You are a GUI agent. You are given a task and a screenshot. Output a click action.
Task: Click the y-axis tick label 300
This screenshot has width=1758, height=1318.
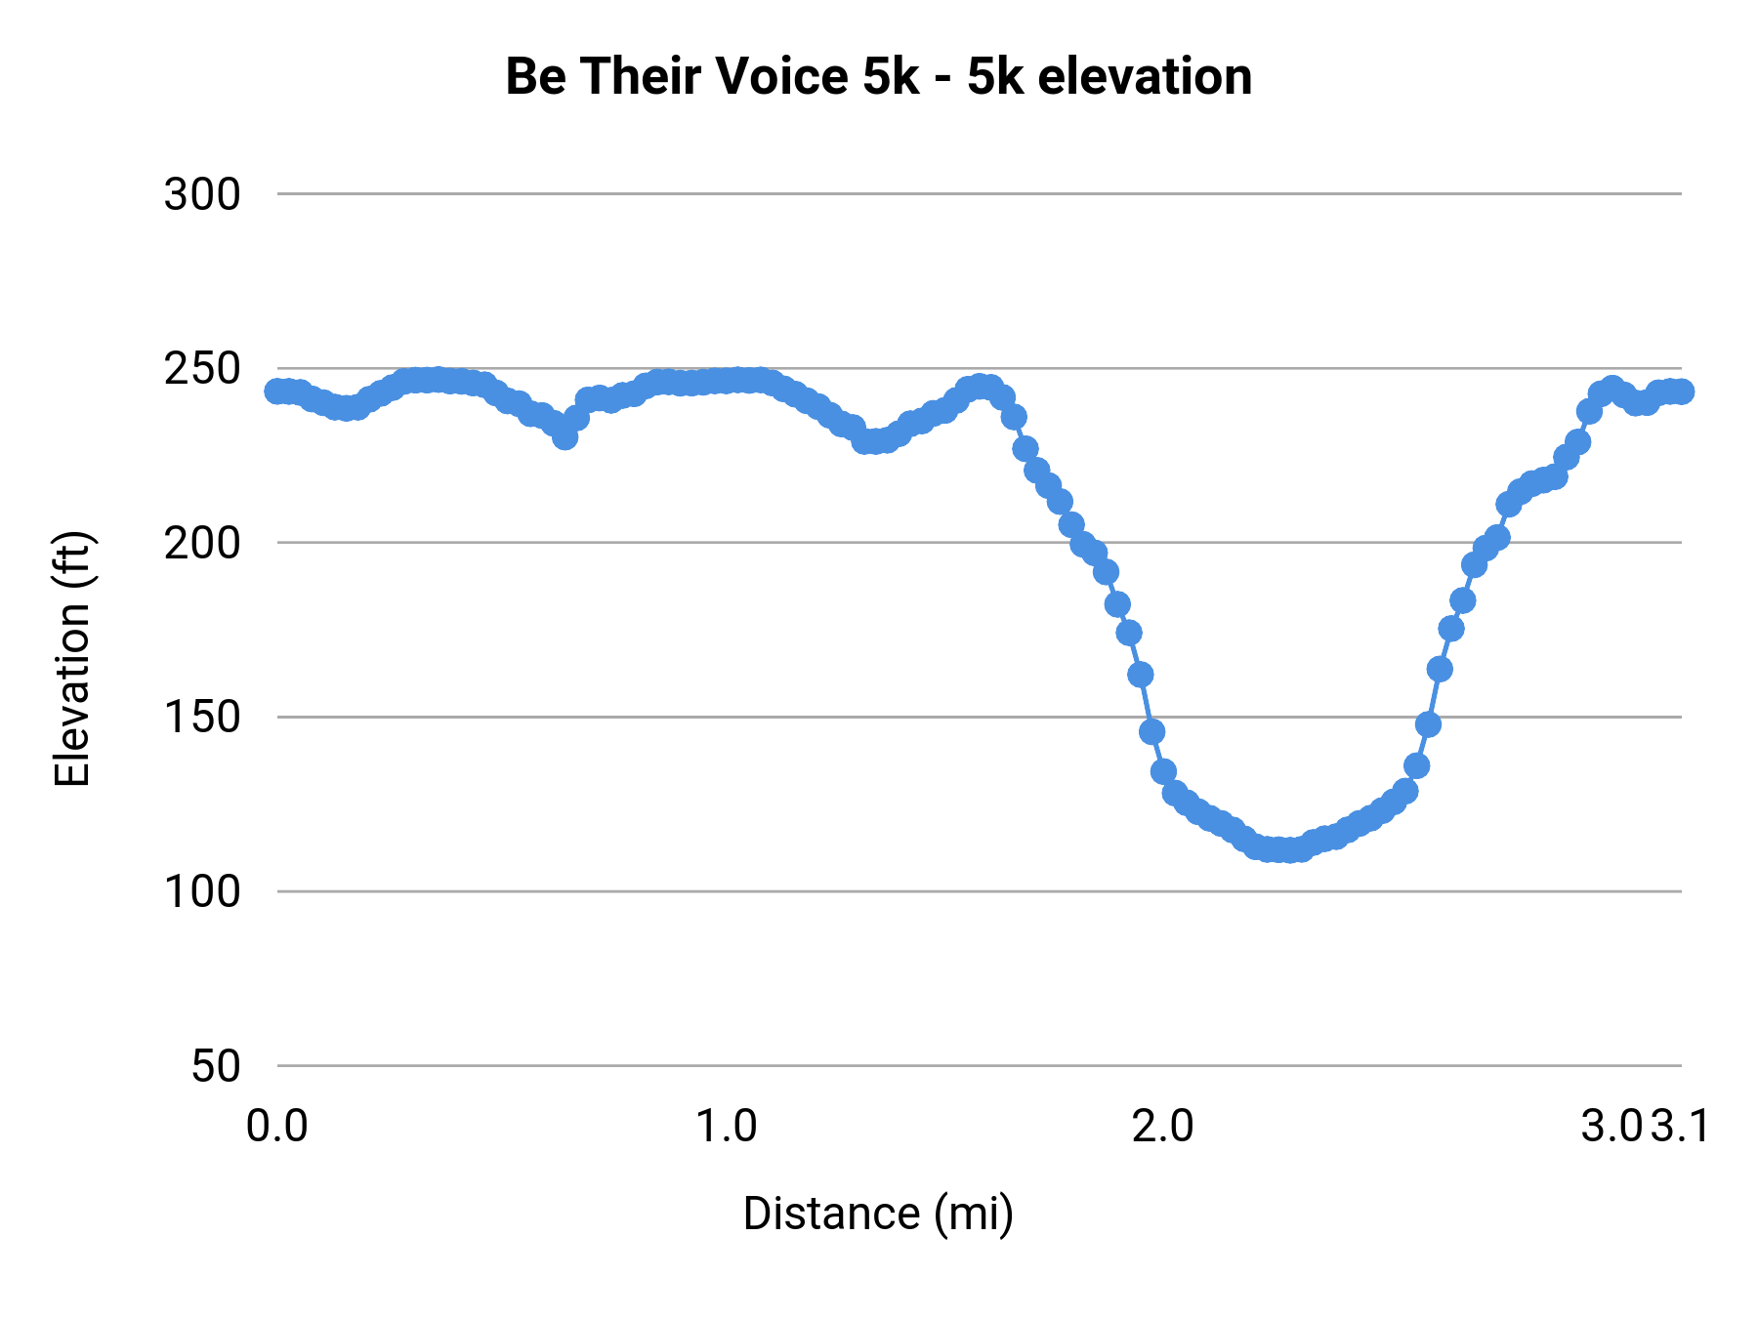[x=202, y=195]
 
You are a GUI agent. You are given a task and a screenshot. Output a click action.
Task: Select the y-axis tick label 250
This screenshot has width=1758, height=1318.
[x=202, y=369]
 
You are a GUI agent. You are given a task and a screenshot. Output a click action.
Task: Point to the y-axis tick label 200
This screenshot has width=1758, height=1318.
[x=202, y=543]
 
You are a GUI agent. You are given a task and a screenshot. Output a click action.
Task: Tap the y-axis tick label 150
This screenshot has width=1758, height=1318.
[x=202, y=718]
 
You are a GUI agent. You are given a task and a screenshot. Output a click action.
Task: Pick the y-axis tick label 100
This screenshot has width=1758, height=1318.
[x=202, y=891]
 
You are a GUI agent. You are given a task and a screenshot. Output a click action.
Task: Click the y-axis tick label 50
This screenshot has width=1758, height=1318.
[x=216, y=1066]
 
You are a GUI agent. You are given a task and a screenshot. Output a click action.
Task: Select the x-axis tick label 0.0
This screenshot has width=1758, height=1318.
[x=277, y=1127]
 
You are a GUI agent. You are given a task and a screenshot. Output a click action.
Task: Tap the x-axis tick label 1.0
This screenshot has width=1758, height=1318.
[x=726, y=1127]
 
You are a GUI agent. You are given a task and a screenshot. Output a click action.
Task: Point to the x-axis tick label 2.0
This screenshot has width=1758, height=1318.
[x=1162, y=1127]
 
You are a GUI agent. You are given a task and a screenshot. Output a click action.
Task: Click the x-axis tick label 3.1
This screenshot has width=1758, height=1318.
[x=1682, y=1127]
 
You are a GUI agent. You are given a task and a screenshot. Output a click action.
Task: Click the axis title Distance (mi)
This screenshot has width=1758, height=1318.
[x=878, y=1214]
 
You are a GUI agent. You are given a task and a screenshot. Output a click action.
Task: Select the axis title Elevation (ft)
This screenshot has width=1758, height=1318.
[x=72, y=659]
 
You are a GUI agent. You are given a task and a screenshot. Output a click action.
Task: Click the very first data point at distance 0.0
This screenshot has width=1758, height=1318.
[x=277, y=391]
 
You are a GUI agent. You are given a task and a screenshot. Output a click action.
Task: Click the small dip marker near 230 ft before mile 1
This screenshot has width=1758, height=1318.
[x=565, y=437]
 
